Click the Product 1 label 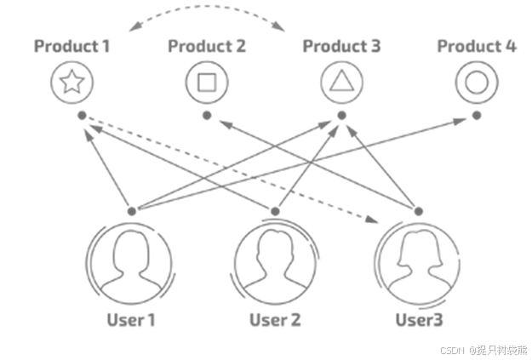click(x=72, y=46)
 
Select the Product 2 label click(x=207, y=46)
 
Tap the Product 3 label click(x=341, y=46)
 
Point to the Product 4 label click(x=477, y=46)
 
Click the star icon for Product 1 click(x=72, y=83)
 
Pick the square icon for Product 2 click(x=207, y=83)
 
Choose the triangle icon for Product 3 click(x=341, y=83)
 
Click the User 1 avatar click(x=132, y=262)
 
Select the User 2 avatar click(x=276, y=262)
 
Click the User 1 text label click(x=132, y=321)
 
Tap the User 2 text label click(x=276, y=321)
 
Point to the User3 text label click(x=419, y=321)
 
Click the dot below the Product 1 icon click(x=81, y=115)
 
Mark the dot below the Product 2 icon click(x=207, y=114)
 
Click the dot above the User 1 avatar click(x=132, y=210)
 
